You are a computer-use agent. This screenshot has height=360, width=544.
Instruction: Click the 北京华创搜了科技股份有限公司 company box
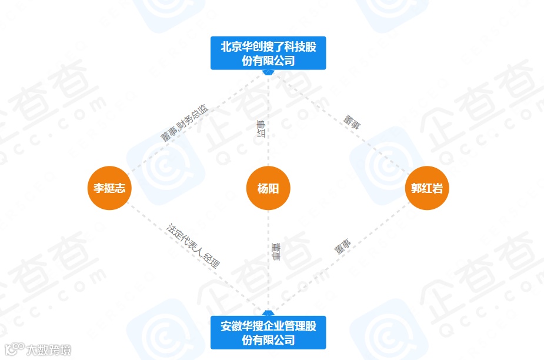(268, 53)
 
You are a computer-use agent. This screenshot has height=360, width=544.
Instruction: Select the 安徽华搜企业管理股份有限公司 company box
(268, 332)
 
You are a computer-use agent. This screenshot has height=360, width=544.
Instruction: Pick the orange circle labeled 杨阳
(268, 188)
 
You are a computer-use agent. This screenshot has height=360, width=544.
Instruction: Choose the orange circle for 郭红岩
(428, 188)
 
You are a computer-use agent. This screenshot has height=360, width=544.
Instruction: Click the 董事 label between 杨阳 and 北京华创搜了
(261, 129)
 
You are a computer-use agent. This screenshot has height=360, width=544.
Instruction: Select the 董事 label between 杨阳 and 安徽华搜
(276, 251)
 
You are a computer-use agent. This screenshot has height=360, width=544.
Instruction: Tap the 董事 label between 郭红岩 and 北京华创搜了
(352, 122)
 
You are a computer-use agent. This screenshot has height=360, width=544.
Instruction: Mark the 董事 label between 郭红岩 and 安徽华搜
(342, 246)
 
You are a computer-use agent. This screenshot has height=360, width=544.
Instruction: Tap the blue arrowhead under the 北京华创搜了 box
(268, 72)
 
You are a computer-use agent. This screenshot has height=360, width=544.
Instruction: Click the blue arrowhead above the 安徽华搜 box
(268, 313)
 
